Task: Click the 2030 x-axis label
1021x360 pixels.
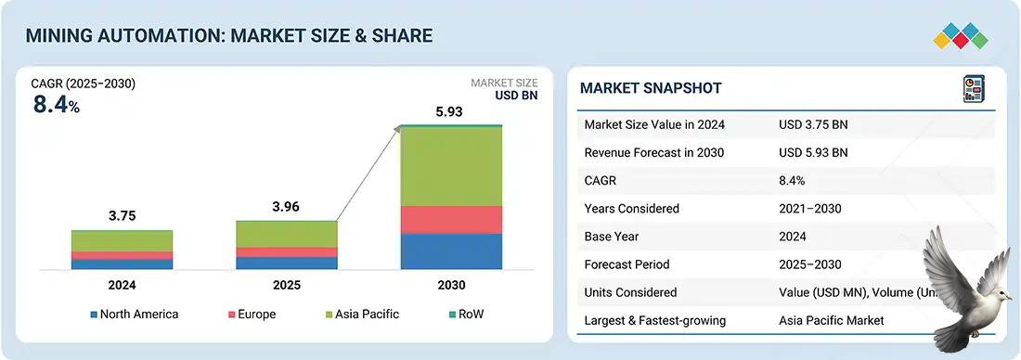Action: tap(450, 285)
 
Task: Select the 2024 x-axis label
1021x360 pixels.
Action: tap(122, 285)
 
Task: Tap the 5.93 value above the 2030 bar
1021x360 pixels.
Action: tap(450, 112)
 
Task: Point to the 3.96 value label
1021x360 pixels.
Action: tap(286, 207)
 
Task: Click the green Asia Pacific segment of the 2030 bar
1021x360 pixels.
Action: tap(450, 165)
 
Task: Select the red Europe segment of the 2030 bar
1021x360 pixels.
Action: tap(450, 219)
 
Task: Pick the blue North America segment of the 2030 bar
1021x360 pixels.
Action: tap(450, 251)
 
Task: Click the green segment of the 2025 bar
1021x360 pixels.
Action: tap(286, 234)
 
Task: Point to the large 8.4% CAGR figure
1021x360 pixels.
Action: tap(56, 105)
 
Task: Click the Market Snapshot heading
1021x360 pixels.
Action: tap(651, 88)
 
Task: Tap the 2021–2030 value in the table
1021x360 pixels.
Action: tap(810, 209)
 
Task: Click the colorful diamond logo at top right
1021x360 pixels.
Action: tap(961, 37)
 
